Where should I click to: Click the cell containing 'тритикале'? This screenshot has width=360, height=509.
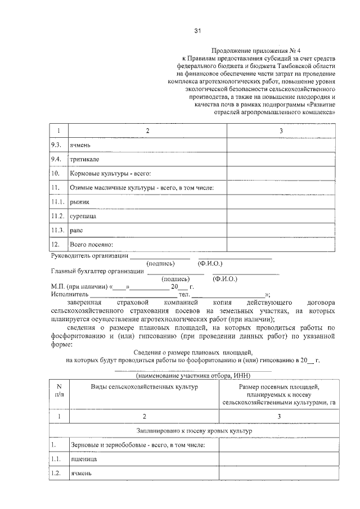[85, 159]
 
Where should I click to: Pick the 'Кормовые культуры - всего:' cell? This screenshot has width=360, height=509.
[110, 173]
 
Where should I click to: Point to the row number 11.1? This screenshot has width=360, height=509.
[58, 201]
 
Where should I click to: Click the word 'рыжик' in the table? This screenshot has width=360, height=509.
[79, 201]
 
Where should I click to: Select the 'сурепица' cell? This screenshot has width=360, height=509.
[83, 216]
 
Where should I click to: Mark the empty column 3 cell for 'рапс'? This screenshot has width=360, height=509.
[281, 230]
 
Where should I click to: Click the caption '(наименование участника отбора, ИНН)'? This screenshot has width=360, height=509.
[193, 376]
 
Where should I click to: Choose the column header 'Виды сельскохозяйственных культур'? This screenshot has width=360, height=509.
[144, 388]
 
